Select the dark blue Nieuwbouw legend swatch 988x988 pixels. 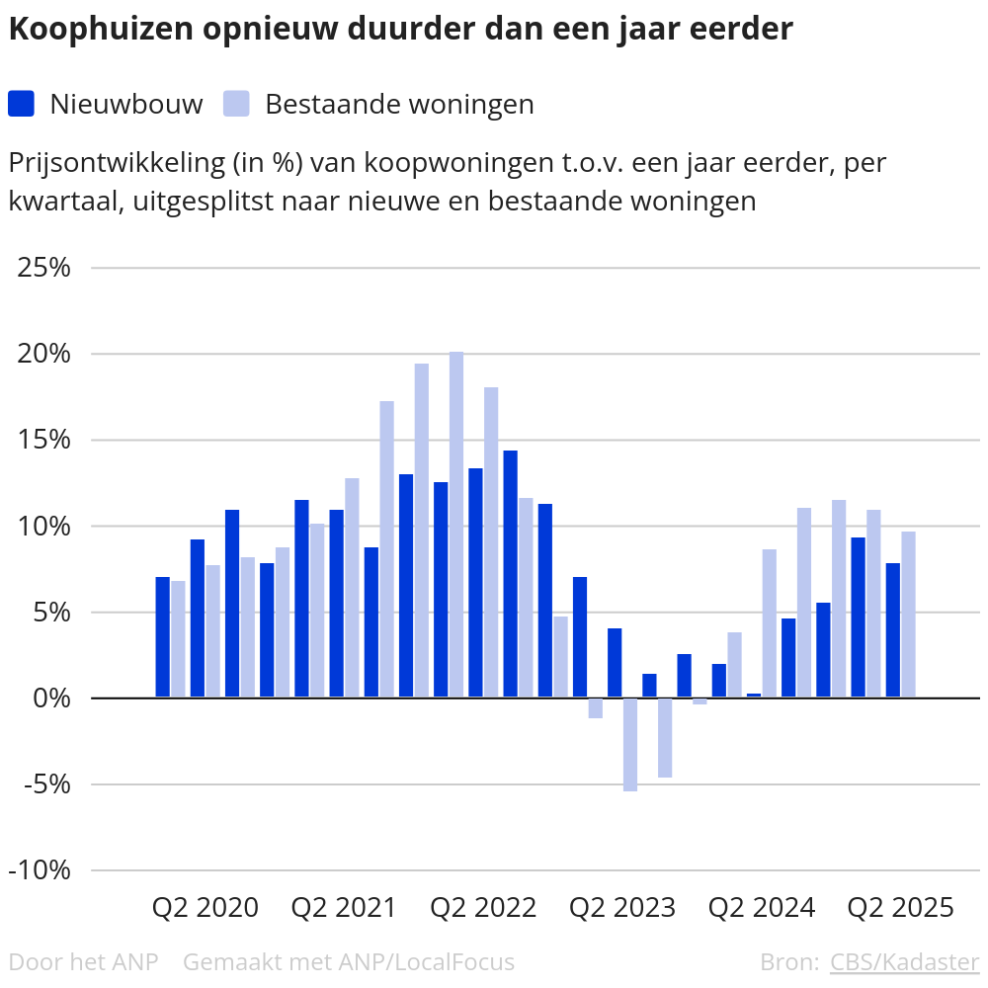click(21, 104)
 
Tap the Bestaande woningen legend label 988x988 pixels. click(399, 104)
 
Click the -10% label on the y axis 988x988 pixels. click(41, 870)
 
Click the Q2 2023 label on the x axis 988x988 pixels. click(623, 907)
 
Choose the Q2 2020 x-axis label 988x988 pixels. click(206, 907)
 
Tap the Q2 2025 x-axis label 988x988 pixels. click(901, 907)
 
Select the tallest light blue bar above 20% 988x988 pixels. click(456, 525)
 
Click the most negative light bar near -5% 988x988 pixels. click(630, 745)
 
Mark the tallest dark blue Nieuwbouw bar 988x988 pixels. click(510, 574)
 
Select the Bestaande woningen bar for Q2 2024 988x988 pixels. click(770, 623)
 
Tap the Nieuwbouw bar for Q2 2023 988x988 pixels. click(615, 663)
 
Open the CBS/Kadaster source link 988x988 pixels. click(904, 961)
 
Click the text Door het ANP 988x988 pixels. click(83, 961)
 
